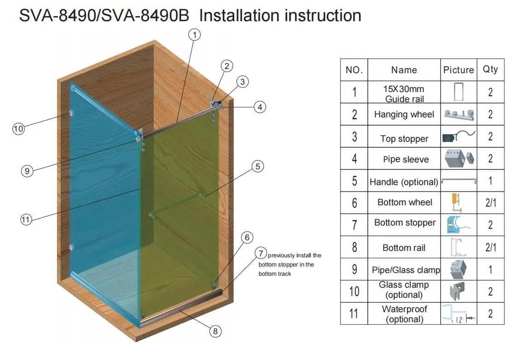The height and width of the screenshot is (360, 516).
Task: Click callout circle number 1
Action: [195, 35]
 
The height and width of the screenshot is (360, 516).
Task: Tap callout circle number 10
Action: [18, 129]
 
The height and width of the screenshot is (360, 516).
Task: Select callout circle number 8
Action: [215, 331]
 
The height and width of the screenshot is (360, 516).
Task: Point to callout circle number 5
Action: [258, 167]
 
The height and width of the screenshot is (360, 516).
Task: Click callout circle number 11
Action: [26, 220]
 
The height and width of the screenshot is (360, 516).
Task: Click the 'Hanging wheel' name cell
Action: [404, 114]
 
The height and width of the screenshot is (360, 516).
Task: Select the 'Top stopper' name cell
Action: [404, 139]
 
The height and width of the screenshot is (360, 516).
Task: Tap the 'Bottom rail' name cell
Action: [404, 248]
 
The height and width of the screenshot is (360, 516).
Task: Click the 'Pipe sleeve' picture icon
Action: [458, 159]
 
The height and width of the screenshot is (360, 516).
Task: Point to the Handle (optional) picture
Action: [458, 181]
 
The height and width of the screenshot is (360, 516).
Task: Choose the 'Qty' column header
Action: [490, 70]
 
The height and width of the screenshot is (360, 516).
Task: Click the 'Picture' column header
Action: [458, 70]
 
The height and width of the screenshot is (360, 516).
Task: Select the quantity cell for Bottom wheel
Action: [490, 203]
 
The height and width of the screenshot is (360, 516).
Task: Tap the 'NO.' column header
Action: [354, 70]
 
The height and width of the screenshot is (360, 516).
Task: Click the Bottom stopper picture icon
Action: [458, 225]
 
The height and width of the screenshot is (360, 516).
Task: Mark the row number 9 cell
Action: [354, 269]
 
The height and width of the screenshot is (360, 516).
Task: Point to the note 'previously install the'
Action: [295, 255]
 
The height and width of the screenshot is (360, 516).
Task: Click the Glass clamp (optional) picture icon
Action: [458, 291]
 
